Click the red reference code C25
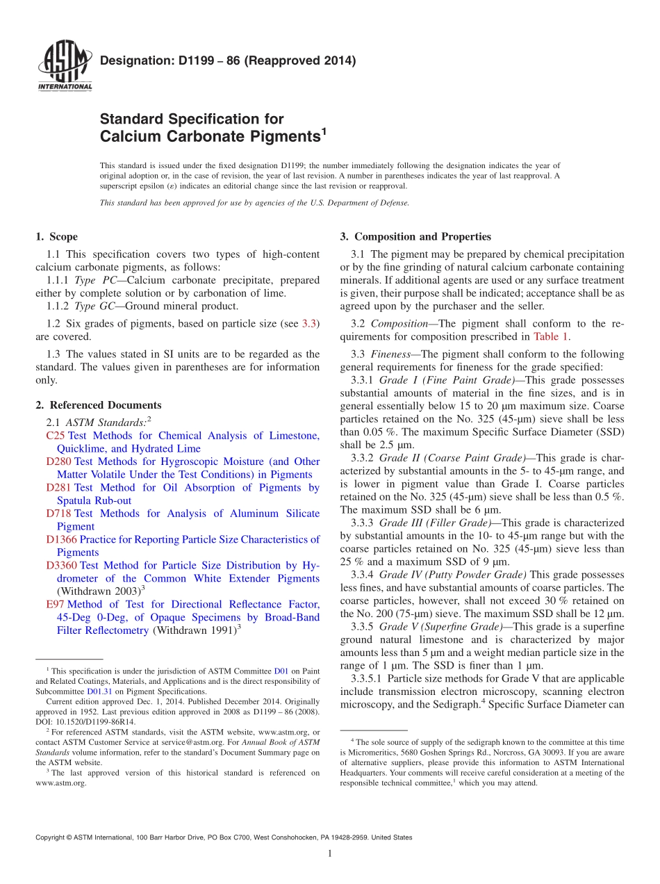coord(55,436)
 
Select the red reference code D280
coord(58,461)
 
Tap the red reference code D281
coord(58,488)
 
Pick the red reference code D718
coord(58,514)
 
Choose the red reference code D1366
coord(61,539)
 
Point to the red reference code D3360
coord(61,566)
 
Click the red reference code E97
coord(56,605)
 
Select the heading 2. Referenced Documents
coord(98,405)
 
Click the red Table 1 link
coord(551,337)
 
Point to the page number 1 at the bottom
coord(330,854)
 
